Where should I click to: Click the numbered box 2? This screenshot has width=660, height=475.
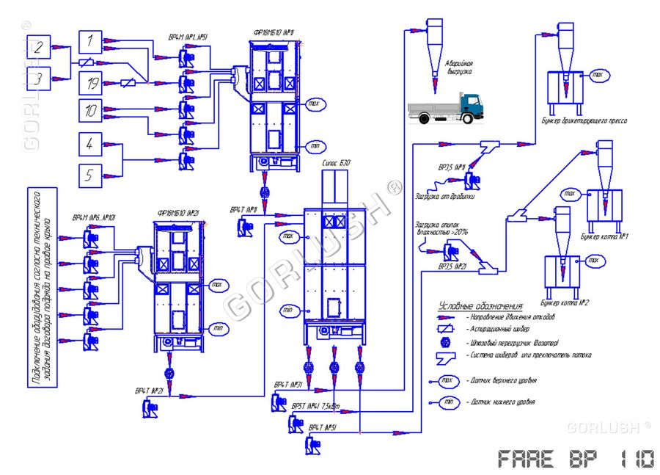coord(40,48)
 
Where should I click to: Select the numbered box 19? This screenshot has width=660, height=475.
coord(90,84)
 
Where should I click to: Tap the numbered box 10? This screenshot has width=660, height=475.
coord(90,111)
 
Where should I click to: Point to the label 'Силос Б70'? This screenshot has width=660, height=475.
coord(337,162)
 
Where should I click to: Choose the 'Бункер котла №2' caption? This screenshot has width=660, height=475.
coord(565,302)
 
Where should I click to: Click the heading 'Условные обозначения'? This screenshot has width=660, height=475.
coord(480,305)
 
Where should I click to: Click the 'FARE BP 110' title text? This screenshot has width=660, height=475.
coord(576,459)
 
